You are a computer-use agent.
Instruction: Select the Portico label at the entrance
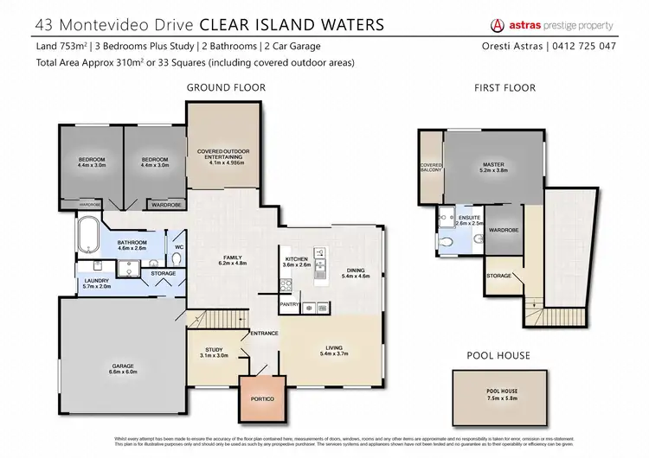click(260, 399)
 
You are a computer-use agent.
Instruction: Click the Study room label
click(212, 351)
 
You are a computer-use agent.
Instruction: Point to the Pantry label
click(288, 305)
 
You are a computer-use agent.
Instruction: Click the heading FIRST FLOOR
click(505, 87)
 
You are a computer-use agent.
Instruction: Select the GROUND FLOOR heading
click(225, 87)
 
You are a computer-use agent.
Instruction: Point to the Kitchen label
click(298, 261)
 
